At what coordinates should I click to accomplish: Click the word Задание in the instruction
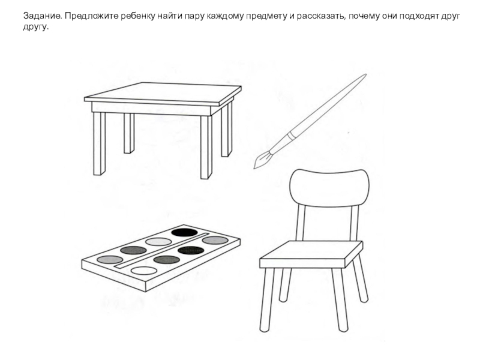[43, 16]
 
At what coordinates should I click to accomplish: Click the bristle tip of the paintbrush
[254, 168]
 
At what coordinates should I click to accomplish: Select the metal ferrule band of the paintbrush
[292, 136]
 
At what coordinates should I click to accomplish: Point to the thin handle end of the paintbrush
[365, 74]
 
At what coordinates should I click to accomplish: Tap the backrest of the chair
[329, 188]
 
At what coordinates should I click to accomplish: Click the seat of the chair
[311, 254]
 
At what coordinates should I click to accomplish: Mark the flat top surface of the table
[163, 92]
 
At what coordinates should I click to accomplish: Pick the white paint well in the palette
[143, 271]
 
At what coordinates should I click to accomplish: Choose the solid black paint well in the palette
[184, 232]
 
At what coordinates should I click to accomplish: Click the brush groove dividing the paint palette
[161, 251]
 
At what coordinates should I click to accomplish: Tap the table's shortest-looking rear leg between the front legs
[129, 133]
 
